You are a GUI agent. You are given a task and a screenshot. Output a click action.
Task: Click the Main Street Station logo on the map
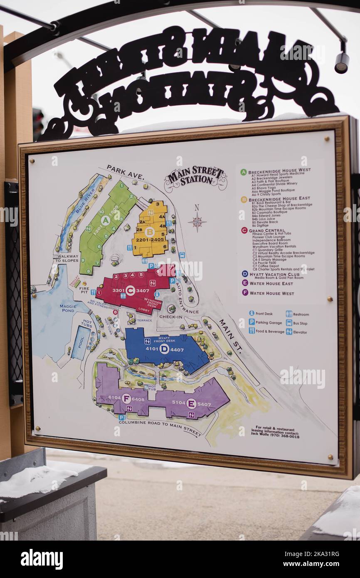195,178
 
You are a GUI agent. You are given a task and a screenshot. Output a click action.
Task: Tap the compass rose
197,221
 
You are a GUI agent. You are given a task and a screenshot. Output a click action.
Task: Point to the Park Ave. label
125,172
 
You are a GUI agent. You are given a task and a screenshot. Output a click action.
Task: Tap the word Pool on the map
81,342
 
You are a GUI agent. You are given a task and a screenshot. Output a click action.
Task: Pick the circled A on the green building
105,220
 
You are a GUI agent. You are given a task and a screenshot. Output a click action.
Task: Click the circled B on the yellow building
149,232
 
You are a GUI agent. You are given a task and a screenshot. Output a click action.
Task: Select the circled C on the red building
130,290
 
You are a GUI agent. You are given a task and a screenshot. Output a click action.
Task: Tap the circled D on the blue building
164,348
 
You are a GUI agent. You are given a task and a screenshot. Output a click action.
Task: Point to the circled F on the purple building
126,398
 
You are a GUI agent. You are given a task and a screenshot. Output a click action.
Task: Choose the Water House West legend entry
271,293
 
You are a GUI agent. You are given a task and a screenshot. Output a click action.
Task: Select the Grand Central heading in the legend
266,230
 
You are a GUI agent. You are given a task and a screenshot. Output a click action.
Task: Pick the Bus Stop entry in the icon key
299,323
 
